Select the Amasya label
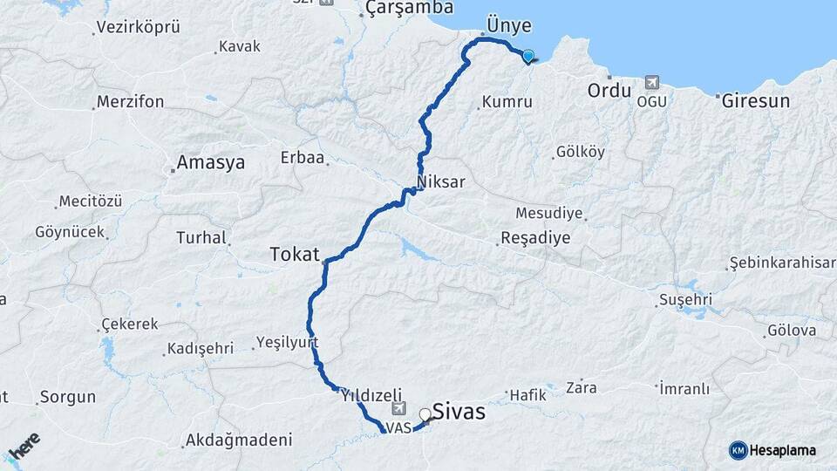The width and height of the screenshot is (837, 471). (210, 162)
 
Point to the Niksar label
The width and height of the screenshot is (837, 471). (441, 182)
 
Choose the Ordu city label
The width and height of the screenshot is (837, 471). (609, 91)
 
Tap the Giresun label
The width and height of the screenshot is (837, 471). (755, 100)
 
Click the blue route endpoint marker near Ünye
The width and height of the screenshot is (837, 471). (527, 56)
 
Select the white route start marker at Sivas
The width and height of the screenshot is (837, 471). (425, 414)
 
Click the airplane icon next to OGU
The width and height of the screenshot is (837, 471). (651, 83)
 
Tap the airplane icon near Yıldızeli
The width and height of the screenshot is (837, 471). (399, 408)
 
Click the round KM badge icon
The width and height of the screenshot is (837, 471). (738, 450)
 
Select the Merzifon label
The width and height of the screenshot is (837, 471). (130, 101)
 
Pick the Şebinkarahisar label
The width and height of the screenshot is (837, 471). (781, 263)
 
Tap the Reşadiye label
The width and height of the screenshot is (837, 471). (535, 238)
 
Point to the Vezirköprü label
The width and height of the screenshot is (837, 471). (138, 27)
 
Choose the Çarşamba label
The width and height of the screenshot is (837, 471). (410, 8)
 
